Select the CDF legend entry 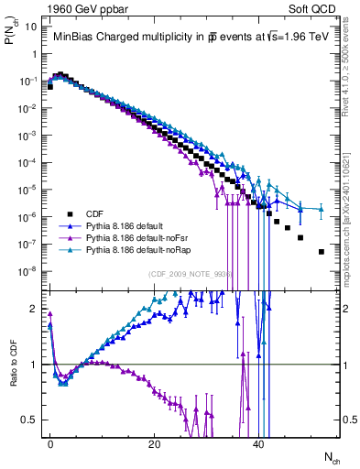tap(94, 216)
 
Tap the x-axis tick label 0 tap(50, 442)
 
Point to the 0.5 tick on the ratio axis tap(29, 420)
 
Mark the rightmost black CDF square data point tap(321, 251)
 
